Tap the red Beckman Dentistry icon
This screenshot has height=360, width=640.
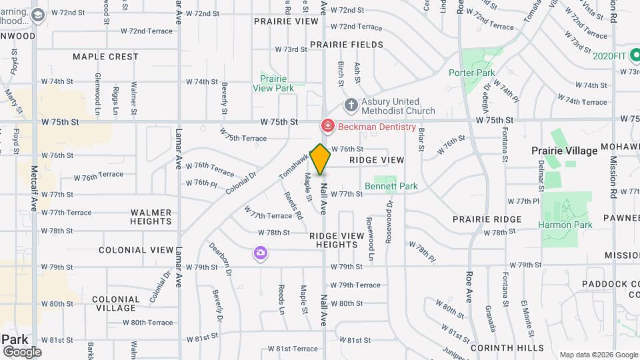[x=327, y=125]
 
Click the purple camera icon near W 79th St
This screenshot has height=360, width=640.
[x=260, y=253]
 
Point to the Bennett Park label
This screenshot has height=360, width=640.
[x=391, y=186]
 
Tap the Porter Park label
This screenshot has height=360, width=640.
[x=471, y=73]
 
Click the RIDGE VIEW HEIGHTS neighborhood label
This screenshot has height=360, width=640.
[x=337, y=240]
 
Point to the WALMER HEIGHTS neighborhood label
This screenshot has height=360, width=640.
[x=151, y=217]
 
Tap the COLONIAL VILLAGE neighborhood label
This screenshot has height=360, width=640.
[x=115, y=303]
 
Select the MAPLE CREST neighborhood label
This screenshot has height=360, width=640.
[x=105, y=57]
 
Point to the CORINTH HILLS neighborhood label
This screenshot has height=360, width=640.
[x=507, y=347]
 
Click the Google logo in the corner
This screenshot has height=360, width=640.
[x=21, y=352]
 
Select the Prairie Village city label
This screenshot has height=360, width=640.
[x=564, y=151]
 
